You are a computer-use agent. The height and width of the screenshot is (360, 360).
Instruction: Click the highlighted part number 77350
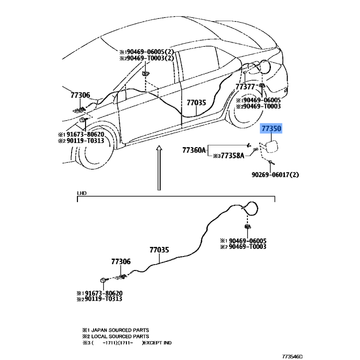point(271,129)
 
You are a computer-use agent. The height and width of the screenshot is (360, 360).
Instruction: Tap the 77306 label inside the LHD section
point(121,261)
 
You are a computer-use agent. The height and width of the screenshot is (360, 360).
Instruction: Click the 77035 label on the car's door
point(197,103)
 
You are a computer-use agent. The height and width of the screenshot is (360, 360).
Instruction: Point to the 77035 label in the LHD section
point(159,249)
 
